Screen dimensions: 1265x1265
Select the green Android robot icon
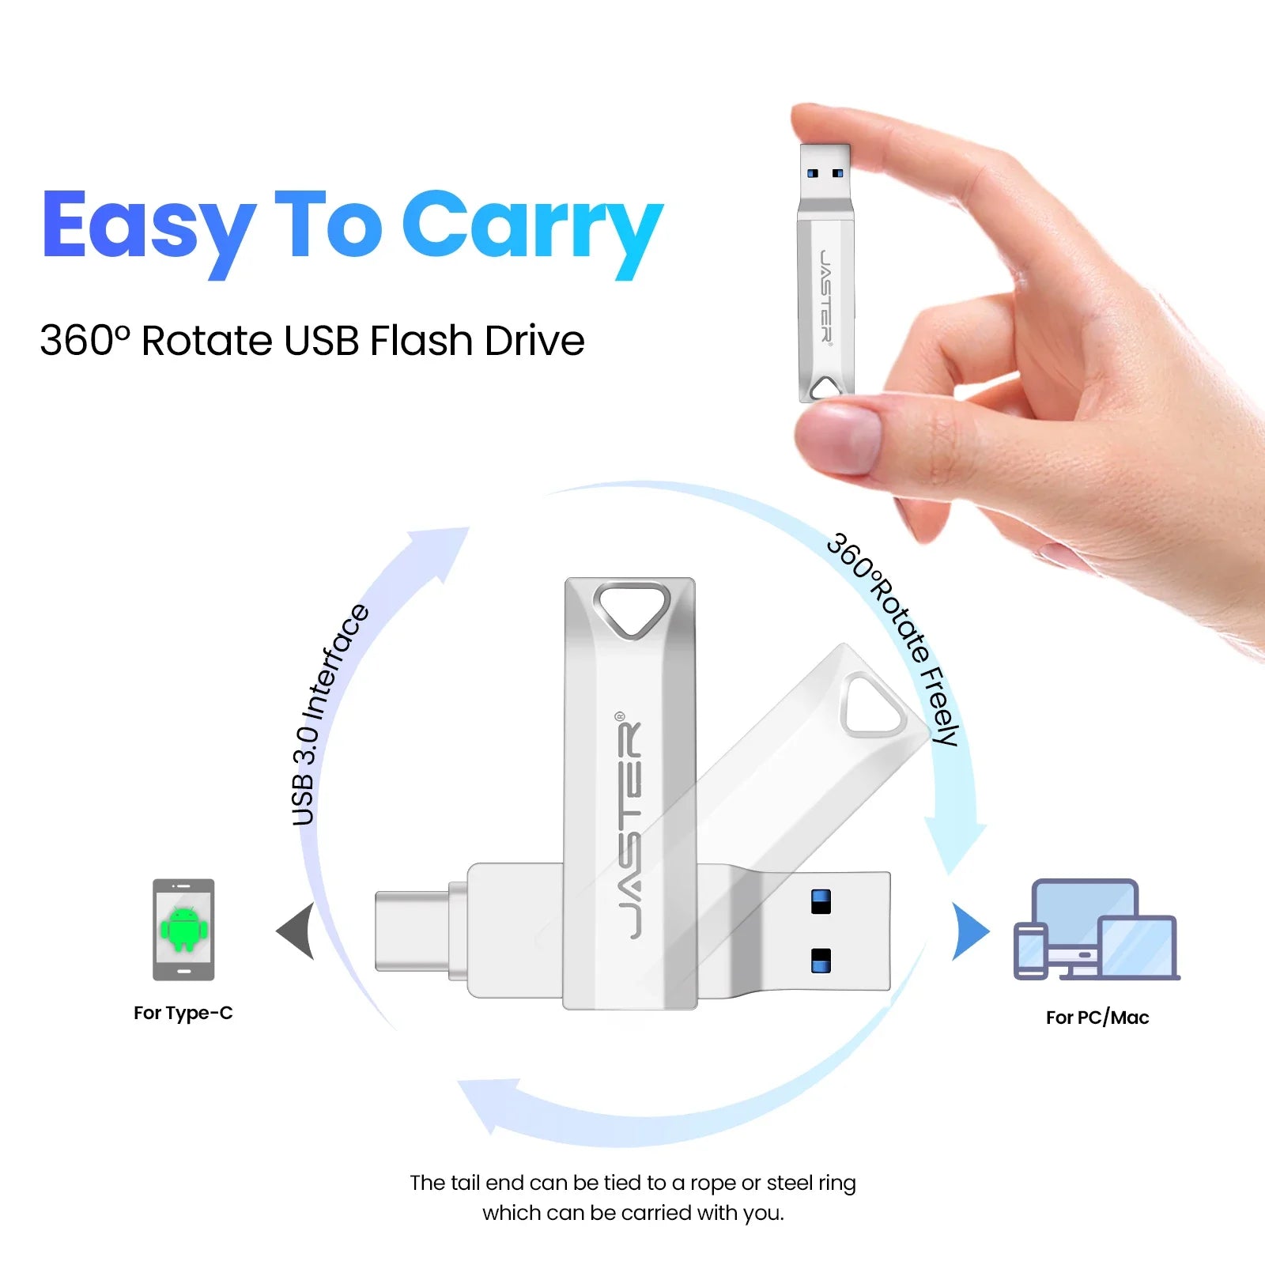[183, 928]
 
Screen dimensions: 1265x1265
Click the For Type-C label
[183, 1013]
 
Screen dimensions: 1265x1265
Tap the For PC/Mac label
[1097, 1018]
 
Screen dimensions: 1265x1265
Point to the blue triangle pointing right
[970, 931]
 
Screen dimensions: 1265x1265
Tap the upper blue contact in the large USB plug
[821, 901]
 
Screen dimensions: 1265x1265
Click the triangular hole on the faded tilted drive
[874, 705]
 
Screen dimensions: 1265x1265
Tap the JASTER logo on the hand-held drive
[825, 296]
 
